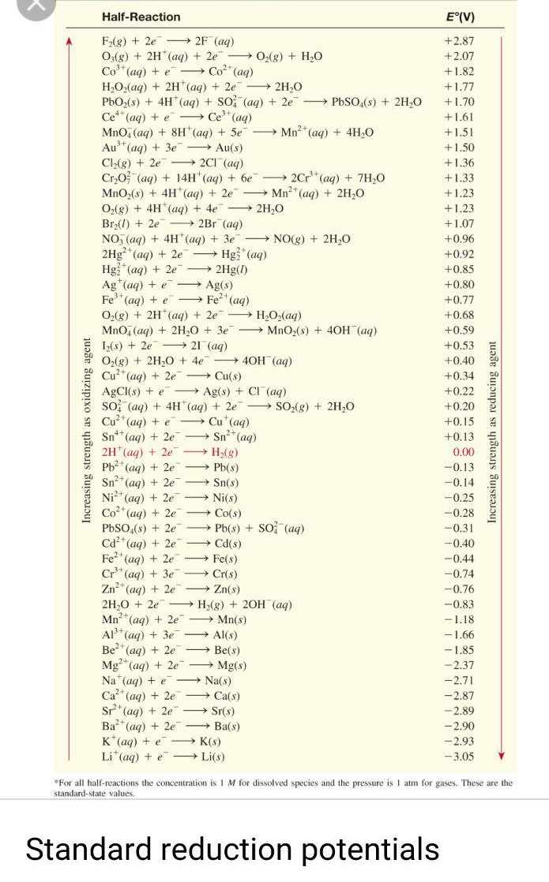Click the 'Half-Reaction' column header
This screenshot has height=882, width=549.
pos(141,17)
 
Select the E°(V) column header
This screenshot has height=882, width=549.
pos(460,17)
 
